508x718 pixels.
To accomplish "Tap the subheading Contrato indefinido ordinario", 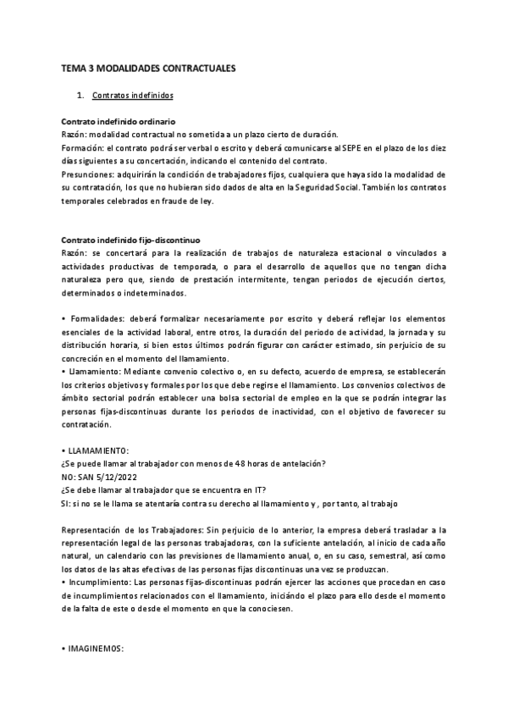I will coord(119,122).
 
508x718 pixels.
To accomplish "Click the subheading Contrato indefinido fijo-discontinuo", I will coord(131,240).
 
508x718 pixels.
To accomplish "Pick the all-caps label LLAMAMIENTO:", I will coord(98,449).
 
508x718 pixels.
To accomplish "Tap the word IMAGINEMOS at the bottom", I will coord(97,650).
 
